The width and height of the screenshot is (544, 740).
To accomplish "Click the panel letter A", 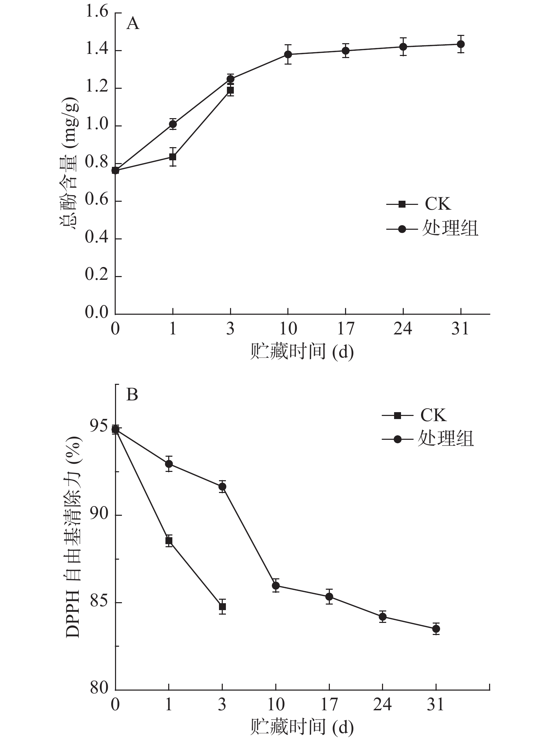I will pyautogui.click(x=133, y=24).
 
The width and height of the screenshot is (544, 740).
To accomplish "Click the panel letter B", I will pyautogui.click(x=132, y=394).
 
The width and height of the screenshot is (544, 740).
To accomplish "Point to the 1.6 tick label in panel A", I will pyautogui.click(x=97, y=13).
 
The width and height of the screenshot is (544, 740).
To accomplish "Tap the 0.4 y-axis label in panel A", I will pyautogui.click(x=97, y=239).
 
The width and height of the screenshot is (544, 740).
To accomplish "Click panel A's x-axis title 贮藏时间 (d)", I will pyautogui.click(x=302, y=352).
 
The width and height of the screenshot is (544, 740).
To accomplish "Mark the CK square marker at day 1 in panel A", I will pyautogui.click(x=173, y=157).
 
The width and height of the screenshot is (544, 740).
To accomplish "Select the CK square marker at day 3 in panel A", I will pyautogui.click(x=230, y=91).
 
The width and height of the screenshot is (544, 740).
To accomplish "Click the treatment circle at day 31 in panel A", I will pyautogui.click(x=460, y=44).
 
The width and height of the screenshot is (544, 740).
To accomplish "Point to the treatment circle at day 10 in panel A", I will pyautogui.click(x=288, y=54).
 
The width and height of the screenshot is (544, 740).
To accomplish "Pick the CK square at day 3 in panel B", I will pyautogui.click(x=222, y=606).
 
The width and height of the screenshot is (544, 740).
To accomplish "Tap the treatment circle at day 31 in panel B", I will pyautogui.click(x=436, y=629).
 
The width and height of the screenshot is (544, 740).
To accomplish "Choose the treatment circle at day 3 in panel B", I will pyautogui.click(x=222, y=486).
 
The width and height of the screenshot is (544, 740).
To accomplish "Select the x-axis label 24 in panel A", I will pyautogui.click(x=403, y=329).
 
